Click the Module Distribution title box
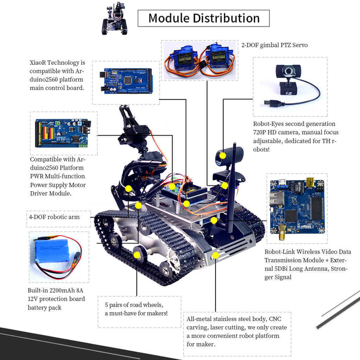tap(203, 18)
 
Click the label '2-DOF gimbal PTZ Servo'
tap(274, 45)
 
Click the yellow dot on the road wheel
tap(136, 255)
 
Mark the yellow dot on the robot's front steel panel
tap(216, 256)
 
